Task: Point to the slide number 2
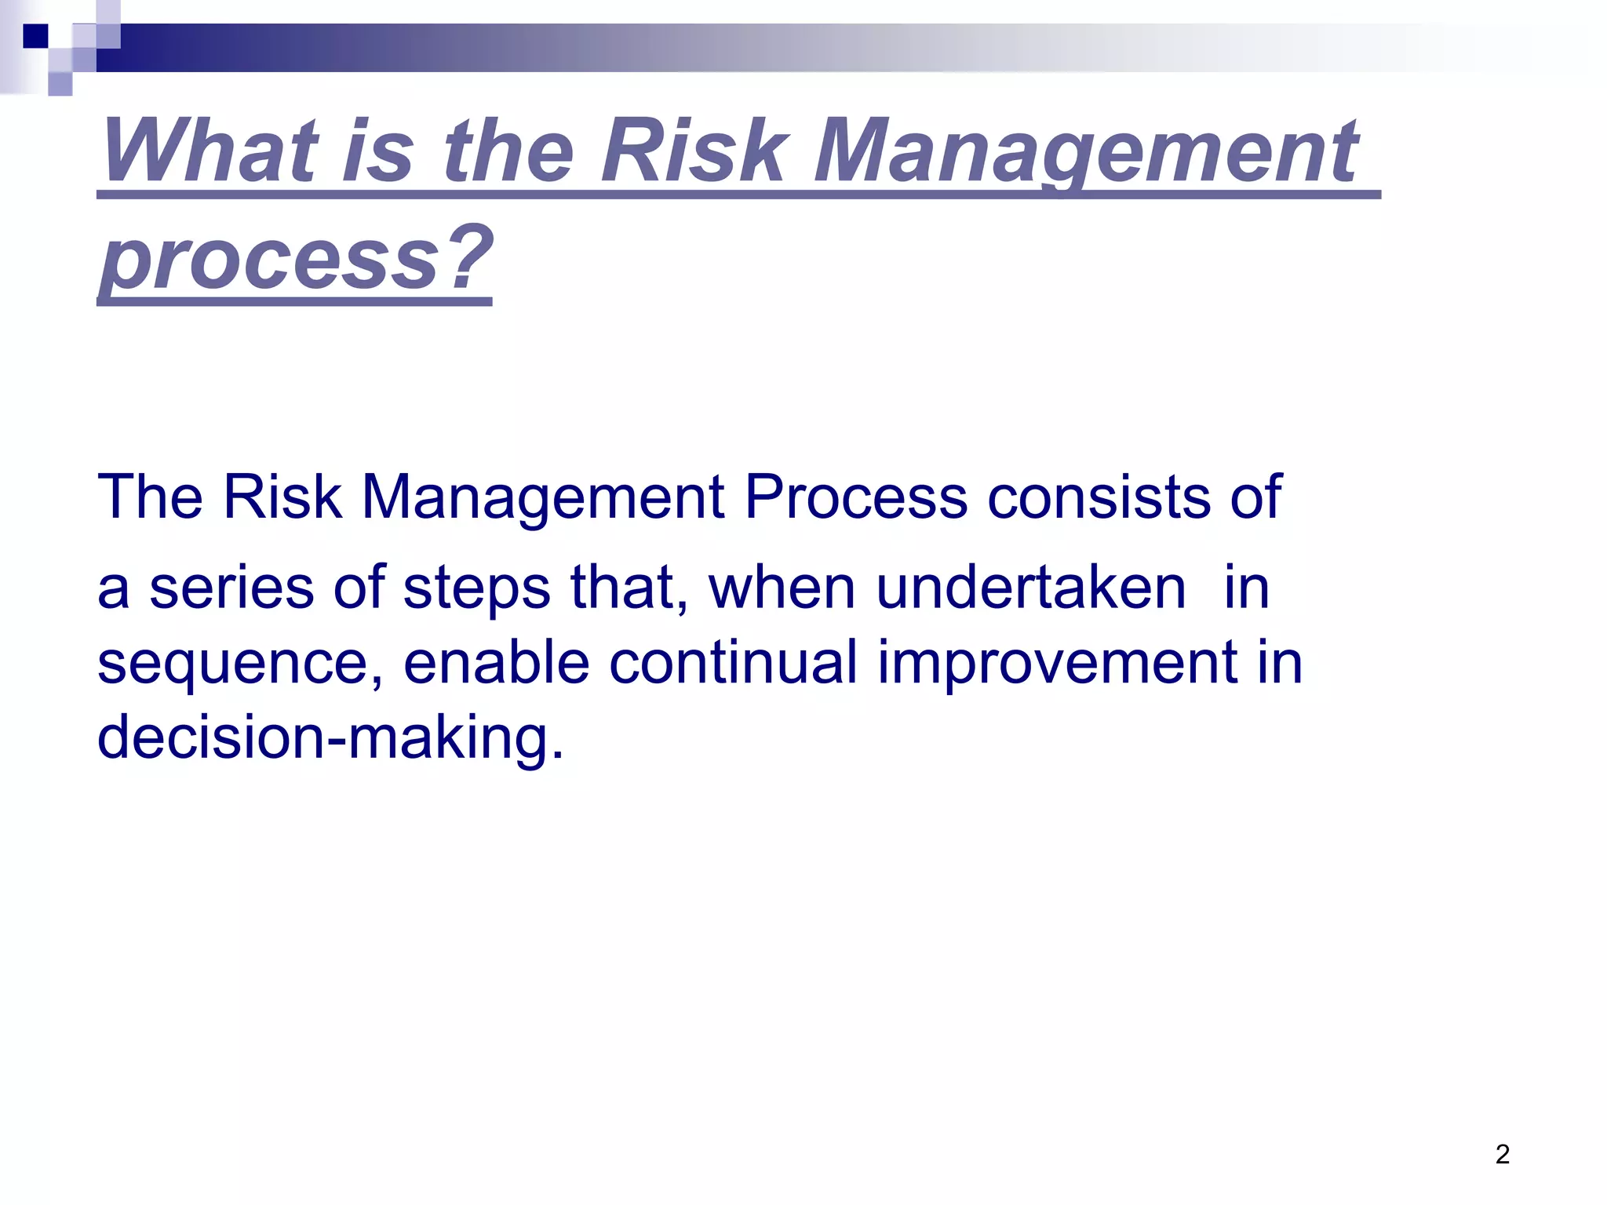coord(1502,1154)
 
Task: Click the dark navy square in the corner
coord(35,36)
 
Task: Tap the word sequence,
coord(240,663)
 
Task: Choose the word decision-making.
coord(330,737)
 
